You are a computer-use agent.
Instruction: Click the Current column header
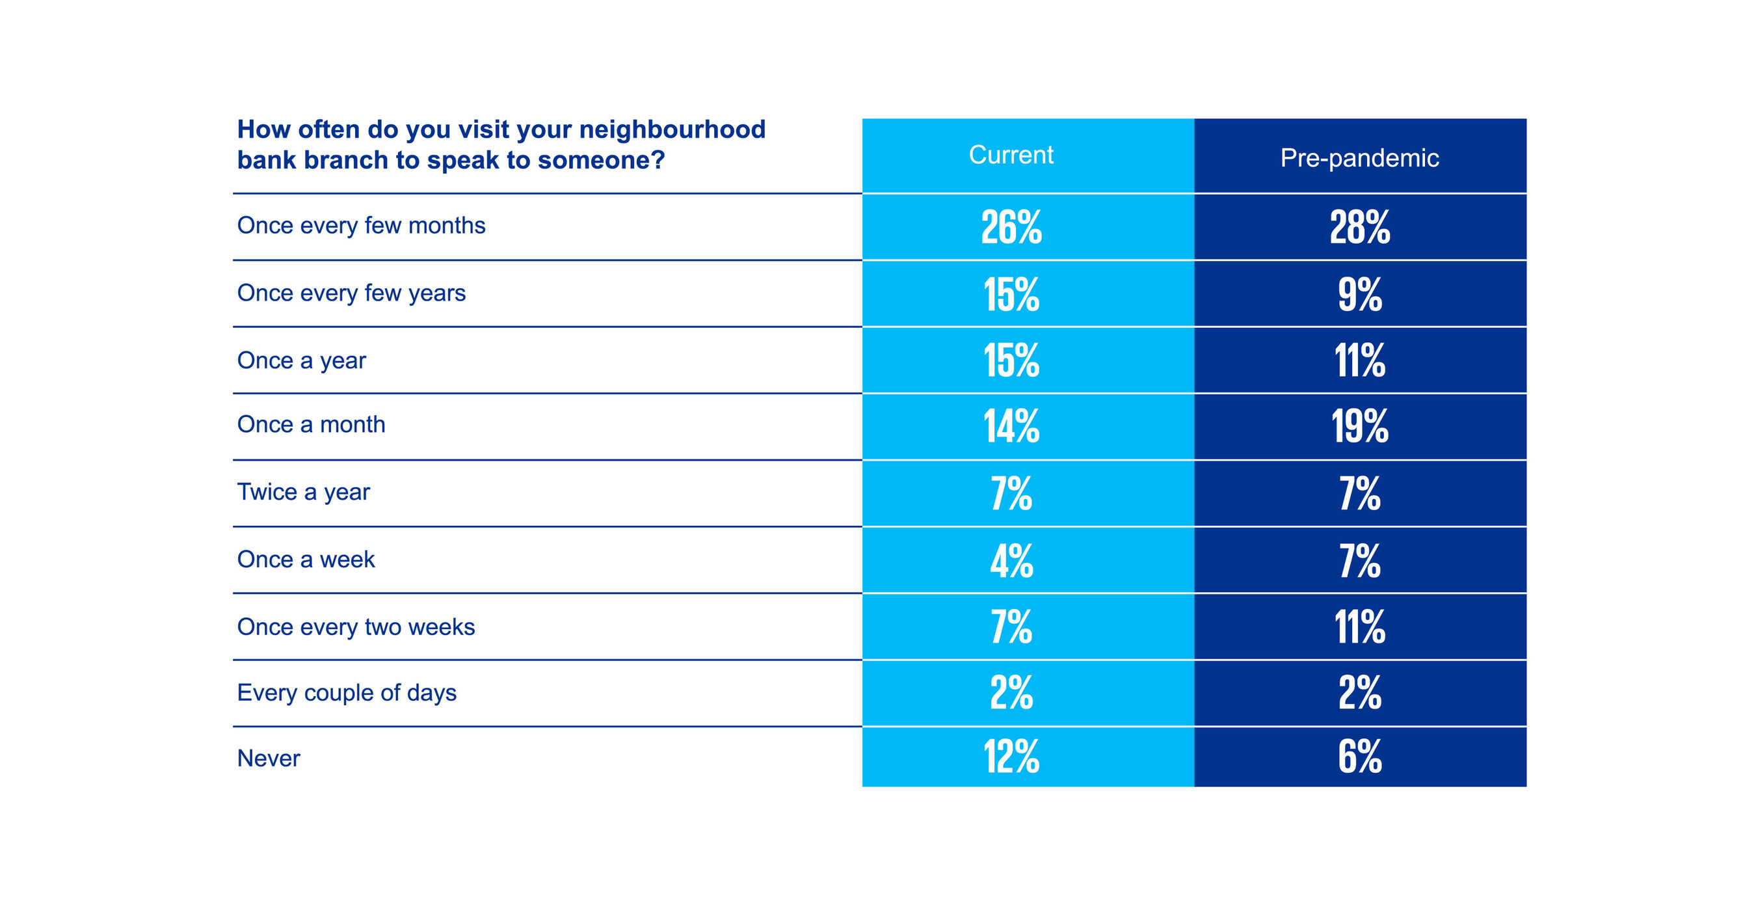tap(1011, 156)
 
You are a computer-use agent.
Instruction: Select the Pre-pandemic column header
tap(1359, 158)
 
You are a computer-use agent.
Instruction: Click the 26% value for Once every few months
tap(1011, 227)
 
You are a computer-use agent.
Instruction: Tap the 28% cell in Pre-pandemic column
tap(1359, 227)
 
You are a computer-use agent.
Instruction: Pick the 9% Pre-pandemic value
tap(1359, 295)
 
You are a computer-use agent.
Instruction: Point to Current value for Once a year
tap(1011, 360)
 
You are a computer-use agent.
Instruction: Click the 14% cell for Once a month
tap(1011, 426)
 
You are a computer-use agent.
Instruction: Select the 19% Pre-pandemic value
tap(1359, 426)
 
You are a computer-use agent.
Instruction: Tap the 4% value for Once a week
tap(1011, 561)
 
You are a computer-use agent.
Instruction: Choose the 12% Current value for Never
tap(1011, 757)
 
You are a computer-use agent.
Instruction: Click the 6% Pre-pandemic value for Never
tap(1359, 757)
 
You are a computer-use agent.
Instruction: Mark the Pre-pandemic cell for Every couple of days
tap(1359, 693)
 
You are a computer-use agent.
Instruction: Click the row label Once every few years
tap(351, 293)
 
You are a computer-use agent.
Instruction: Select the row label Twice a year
tap(303, 492)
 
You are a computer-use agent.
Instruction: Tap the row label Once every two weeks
tap(356, 627)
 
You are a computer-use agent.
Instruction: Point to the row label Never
tap(269, 759)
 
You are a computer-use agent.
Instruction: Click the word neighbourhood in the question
tap(672, 129)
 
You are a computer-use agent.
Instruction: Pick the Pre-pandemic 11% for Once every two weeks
tap(1359, 627)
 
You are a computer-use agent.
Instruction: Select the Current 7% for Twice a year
tap(1011, 494)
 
